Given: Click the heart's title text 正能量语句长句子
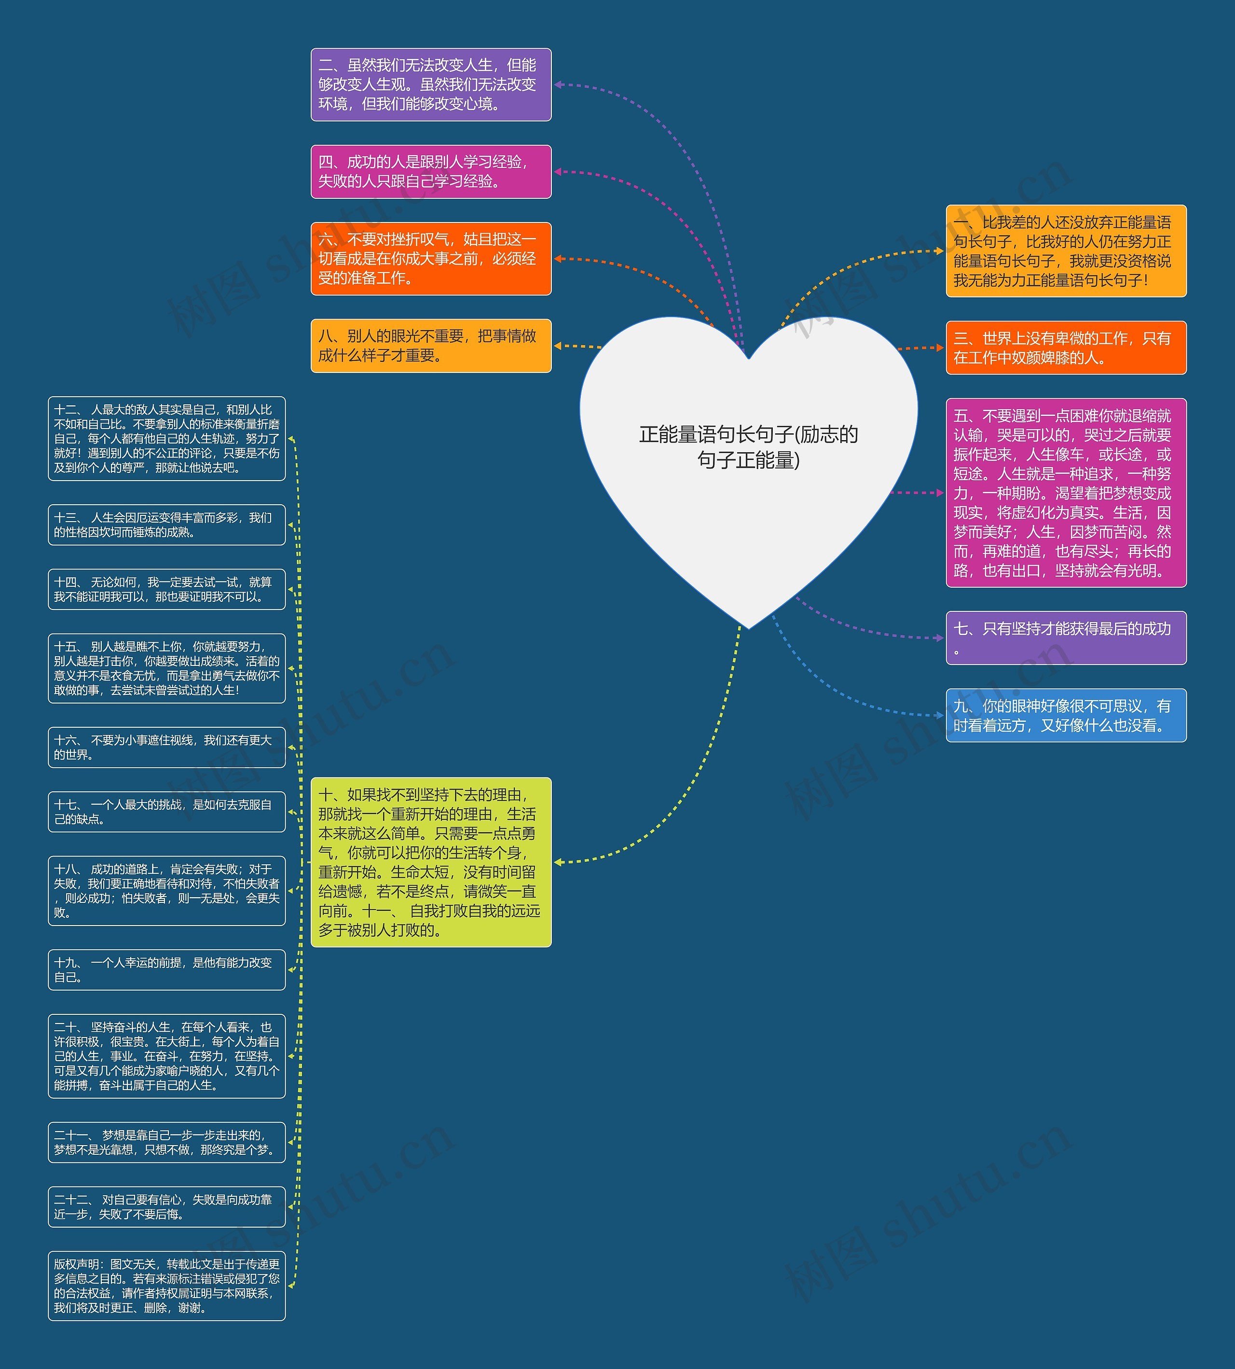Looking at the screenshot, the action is coord(748,447).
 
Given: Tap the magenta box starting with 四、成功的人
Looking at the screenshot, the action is coord(431,172).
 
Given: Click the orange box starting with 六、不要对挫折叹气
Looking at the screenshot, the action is coord(431,259).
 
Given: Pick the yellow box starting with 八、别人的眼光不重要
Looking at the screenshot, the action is coord(431,346).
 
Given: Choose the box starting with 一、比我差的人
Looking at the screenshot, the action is coord(1066,251).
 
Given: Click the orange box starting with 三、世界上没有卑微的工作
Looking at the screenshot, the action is coord(1066,347).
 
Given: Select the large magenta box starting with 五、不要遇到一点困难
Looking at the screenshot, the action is coord(1066,493).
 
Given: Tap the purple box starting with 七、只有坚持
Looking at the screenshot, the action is coord(1066,638).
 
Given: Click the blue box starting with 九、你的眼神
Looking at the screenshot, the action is coord(1066,715).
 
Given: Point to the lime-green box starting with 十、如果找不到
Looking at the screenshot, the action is coord(431,862).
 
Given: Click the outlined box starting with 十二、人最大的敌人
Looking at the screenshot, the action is coord(167,439).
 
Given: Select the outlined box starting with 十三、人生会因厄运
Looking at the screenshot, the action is coord(167,525).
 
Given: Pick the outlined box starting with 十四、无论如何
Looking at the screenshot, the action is coord(167,589).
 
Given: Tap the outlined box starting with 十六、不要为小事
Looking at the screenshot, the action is coord(167,747).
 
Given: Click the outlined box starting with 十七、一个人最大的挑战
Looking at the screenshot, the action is coord(167,812).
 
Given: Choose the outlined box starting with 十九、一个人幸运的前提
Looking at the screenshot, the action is coord(167,970).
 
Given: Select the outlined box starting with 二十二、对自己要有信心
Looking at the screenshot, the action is coord(167,1207).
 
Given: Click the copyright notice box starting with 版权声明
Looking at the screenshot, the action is coord(167,1286).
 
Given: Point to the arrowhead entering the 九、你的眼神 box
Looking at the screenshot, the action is coord(941,715).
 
